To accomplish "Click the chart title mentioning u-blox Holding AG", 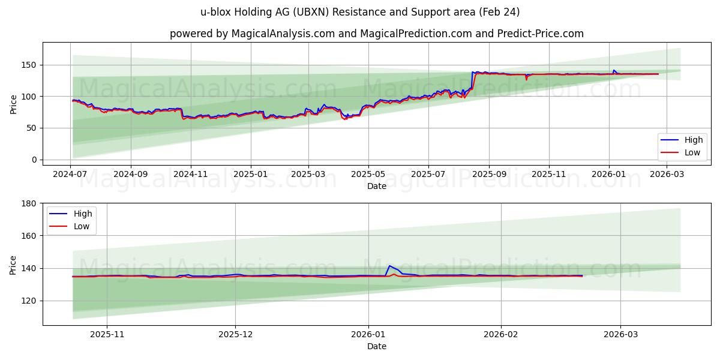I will tap(359, 12).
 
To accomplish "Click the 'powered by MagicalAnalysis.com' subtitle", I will tap(376, 34).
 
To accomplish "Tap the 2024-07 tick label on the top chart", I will tap(71, 175).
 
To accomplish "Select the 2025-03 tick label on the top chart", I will tap(308, 175).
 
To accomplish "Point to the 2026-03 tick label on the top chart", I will tap(667, 175).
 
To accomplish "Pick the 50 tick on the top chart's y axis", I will tap(32, 128).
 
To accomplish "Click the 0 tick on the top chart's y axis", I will tap(35, 160).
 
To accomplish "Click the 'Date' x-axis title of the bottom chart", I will tap(376, 346).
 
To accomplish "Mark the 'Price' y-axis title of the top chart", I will tap(13, 103).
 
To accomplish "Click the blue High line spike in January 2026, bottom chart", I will tap(389, 266).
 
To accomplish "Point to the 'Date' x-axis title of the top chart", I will tap(376, 186).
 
